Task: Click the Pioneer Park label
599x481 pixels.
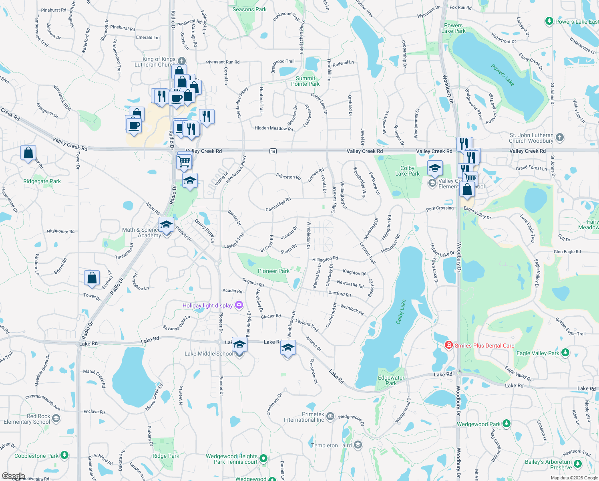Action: (273, 271)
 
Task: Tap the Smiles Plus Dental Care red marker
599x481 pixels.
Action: (449, 345)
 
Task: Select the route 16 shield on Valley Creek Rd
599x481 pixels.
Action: (273, 151)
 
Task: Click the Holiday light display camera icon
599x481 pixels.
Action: (239, 305)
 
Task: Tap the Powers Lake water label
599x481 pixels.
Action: (503, 75)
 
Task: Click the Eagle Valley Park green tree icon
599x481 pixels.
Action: (565, 353)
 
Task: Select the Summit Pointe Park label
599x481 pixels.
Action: (305, 81)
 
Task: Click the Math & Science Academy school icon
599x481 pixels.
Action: (166, 225)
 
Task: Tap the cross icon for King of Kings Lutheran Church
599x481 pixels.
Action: (181, 61)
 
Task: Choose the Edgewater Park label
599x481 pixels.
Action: (391, 380)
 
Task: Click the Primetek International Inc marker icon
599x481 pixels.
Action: (330, 416)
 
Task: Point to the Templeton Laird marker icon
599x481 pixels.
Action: (358, 445)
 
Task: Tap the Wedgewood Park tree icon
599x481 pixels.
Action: (507, 424)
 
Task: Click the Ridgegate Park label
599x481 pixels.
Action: (42, 181)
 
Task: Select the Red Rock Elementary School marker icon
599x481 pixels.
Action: (56, 419)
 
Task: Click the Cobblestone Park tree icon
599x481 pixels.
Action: (64, 455)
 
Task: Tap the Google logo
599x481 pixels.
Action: (13, 476)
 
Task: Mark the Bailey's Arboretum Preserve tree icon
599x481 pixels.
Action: (577, 464)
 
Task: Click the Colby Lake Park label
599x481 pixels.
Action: (407, 171)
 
